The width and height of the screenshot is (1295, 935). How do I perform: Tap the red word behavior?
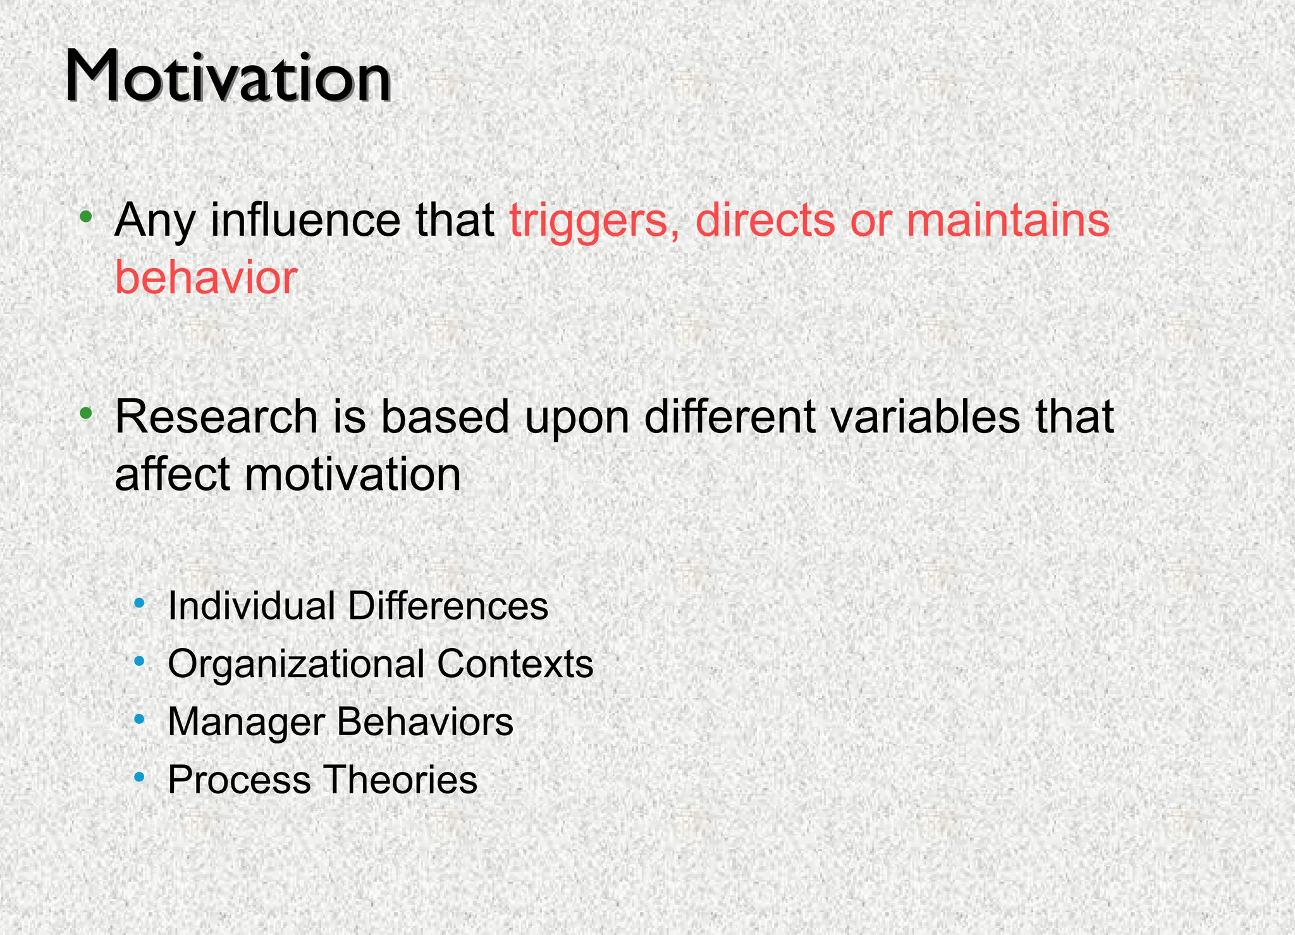point(206,278)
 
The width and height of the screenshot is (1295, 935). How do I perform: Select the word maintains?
point(1008,220)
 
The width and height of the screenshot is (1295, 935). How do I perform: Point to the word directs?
point(765,220)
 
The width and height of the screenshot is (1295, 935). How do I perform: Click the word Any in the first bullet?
point(154,221)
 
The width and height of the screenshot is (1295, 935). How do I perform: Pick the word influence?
point(305,220)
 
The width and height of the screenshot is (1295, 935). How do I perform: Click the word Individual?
point(251,606)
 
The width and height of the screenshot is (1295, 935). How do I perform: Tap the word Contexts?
point(515,664)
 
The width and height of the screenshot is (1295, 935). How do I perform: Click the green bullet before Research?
point(87,414)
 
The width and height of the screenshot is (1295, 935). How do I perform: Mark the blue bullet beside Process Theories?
point(140,777)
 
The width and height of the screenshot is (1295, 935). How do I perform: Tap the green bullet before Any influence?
point(87,217)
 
